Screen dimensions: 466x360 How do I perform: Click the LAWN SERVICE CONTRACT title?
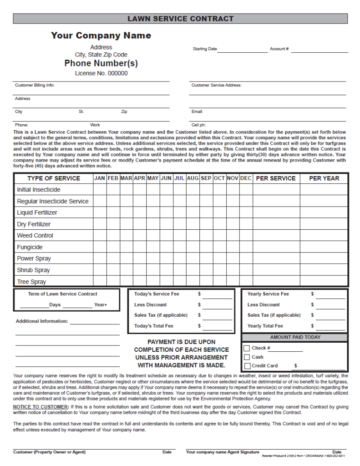[180, 19]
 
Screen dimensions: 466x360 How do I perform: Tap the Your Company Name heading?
[101, 35]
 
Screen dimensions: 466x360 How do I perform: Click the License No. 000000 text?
[101, 73]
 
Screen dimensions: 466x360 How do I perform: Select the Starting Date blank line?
[242, 50]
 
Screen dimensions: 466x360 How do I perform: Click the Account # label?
[279, 49]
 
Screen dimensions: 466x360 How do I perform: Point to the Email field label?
[197, 111]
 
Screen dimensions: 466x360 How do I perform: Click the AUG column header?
[193, 178]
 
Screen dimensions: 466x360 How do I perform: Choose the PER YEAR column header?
[324, 178]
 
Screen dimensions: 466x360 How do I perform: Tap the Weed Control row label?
[35, 235]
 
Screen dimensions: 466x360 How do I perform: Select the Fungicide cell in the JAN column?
[100, 247]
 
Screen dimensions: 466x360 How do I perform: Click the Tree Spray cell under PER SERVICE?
[276, 281]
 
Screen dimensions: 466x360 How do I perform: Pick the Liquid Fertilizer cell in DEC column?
[246, 213]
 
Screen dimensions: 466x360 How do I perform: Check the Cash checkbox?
[247, 357]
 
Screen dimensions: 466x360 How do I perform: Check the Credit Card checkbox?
[247, 366]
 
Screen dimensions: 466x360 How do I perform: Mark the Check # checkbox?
[247, 348]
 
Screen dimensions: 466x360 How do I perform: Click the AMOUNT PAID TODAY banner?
[295, 337]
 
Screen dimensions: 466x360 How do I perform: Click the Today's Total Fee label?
[153, 326]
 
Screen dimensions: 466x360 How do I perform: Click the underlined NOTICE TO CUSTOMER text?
[41, 406]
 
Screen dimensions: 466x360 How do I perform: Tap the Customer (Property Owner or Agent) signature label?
[49, 452]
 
